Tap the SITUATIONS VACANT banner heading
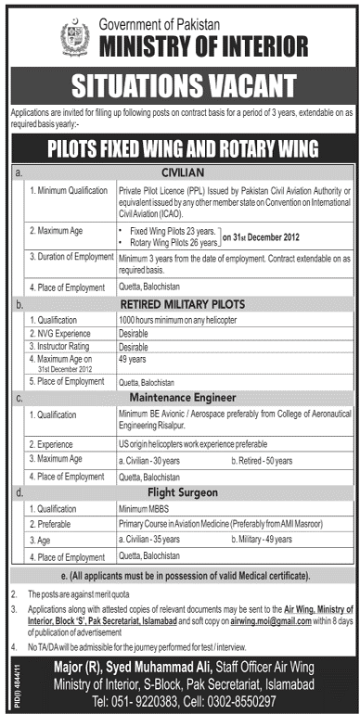tap(179, 86)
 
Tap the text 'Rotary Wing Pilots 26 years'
tap(175, 242)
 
